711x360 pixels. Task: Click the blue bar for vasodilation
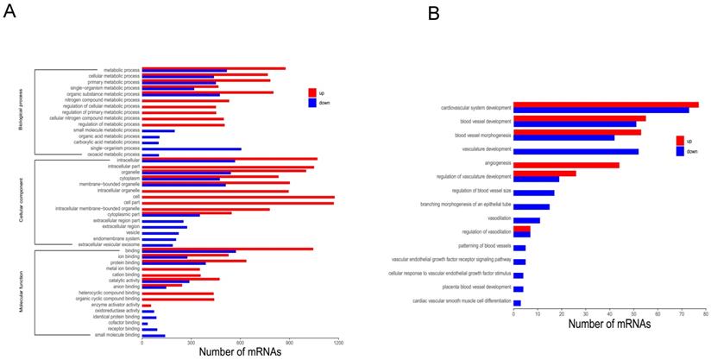[x=526, y=220]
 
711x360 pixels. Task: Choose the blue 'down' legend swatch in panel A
[x=313, y=103]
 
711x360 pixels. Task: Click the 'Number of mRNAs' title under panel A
[x=241, y=351]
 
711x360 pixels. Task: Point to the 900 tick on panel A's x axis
[x=290, y=342]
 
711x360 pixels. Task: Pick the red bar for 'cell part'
[x=237, y=203]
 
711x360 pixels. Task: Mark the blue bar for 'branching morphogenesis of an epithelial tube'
[x=532, y=206]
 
